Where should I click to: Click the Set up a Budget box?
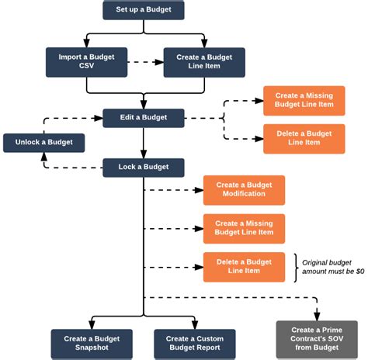(x=144, y=10)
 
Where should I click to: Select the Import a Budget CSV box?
(x=86, y=62)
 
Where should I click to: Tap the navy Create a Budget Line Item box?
(x=203, y=62)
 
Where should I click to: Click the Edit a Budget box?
(x=144, y=118)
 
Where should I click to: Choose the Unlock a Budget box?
(x=43, y=143)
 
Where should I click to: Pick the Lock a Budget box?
(x=144, y=168)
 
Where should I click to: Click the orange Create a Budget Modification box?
(x=244, y=190)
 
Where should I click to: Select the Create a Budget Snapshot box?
(x=92, y=344)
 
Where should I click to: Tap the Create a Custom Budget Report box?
(x=194, y=344)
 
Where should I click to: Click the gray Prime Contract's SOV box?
(x=317, y=339)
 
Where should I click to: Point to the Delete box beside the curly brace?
(x=244, y=267)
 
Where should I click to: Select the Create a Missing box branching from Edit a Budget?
(x=304, y=101)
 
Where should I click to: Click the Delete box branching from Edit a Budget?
(x=304, y=138)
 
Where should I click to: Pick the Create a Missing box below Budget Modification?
(x=244, y=228)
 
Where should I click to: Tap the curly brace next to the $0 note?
(x=296, y=267)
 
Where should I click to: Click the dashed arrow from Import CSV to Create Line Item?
(x=144, y=62)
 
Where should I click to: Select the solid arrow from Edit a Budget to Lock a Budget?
(x=144, y=144)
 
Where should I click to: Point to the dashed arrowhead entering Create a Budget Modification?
(x=200, y=190)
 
